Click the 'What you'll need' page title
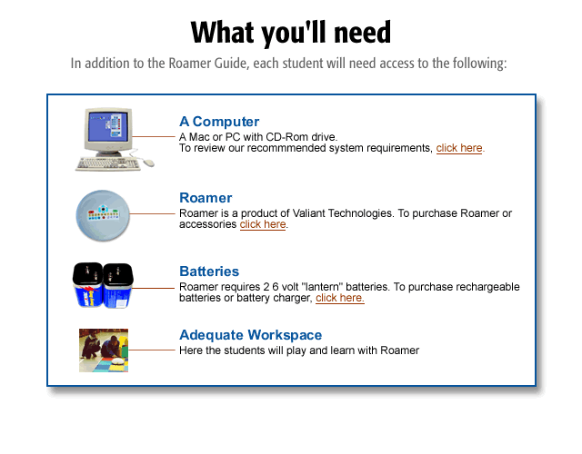pos(291,33)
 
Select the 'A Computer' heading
pos(219,122)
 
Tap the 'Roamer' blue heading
pos(206,198)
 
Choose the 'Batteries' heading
pos(209,271)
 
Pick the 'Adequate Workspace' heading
pos(251,335)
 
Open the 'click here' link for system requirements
pos(460,148)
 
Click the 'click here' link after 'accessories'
pos(263,224)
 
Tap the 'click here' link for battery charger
pos(340,298)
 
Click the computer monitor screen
pos(108,126)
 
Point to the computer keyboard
pos(107,163)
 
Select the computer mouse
pos(148,163)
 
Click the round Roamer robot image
pos(103,216)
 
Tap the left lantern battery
pos(87,284)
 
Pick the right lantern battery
pos(117,285)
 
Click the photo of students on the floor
pos(104,350)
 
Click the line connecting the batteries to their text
pos(154,288)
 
